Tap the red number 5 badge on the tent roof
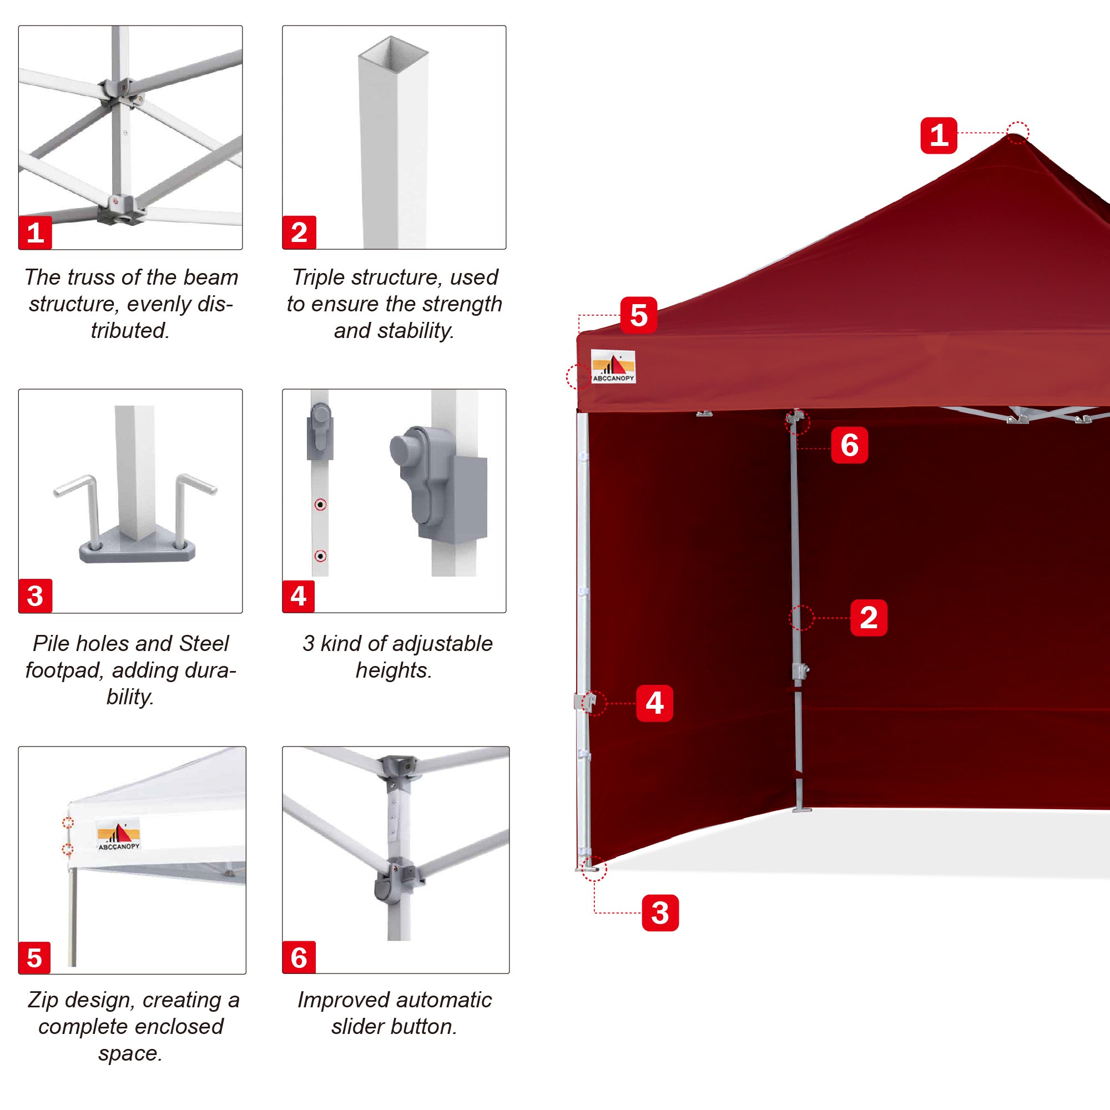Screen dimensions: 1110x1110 tap(638, 315)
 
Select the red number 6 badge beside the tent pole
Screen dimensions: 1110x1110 tap(849, 445)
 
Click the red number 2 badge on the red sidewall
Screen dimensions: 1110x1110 tap(868, 618)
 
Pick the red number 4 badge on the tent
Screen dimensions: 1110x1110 tap(654, 703)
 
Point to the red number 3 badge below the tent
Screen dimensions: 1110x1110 tap(659, 912)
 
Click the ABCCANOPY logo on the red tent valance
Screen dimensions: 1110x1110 tap(613, 366)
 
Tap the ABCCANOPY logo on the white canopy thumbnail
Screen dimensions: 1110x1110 tap(118, 835)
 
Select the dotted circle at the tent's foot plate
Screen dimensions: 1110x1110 tap(593, 869)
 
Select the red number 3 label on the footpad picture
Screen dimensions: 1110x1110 tap(35, 596)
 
